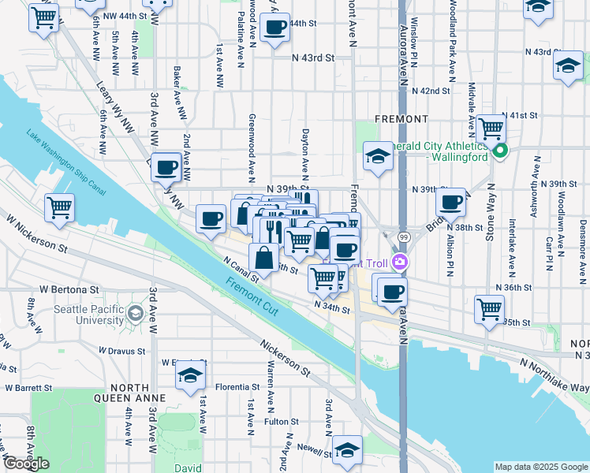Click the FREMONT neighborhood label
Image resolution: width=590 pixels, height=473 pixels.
tap(401, 119)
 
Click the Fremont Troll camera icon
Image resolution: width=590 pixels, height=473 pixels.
tap(401, 262)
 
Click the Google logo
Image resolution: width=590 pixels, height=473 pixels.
tap(26, 464)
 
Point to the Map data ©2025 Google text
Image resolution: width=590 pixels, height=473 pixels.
tap(541, 467)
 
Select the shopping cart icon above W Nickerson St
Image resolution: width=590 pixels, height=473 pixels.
tap(60, 208)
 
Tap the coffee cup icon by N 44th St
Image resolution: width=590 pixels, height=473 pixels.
tap(274, 28)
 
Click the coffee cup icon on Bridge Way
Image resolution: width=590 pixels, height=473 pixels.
tap(450, 202)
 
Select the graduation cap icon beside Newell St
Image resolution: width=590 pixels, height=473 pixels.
tap(347, 449)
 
